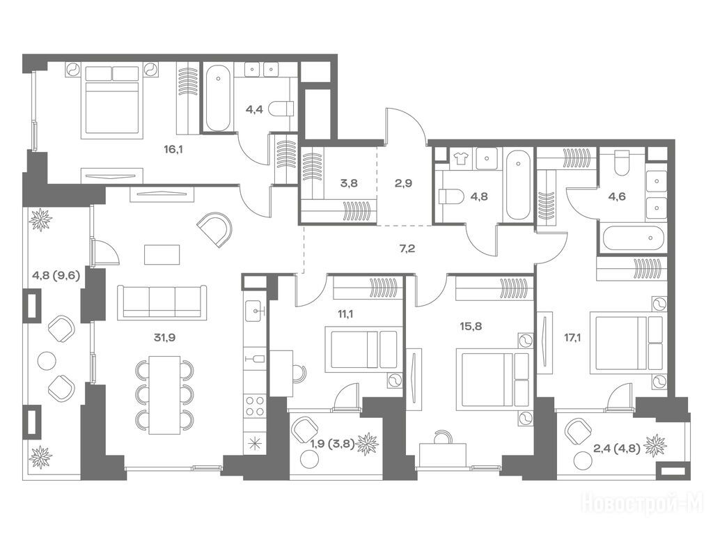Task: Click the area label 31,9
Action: [164, 338]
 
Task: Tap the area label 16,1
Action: [173, 149]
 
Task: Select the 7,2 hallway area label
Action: [407, 249]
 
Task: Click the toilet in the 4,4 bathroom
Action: [281, 109]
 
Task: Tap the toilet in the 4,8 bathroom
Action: [450, 197]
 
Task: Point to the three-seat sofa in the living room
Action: [162, 301]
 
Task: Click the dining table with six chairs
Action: [164, 394]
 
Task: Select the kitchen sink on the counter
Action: [255, 311]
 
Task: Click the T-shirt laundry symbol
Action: [461, 158]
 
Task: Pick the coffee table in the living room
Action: [162, 254]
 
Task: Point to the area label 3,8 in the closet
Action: [349, 183]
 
